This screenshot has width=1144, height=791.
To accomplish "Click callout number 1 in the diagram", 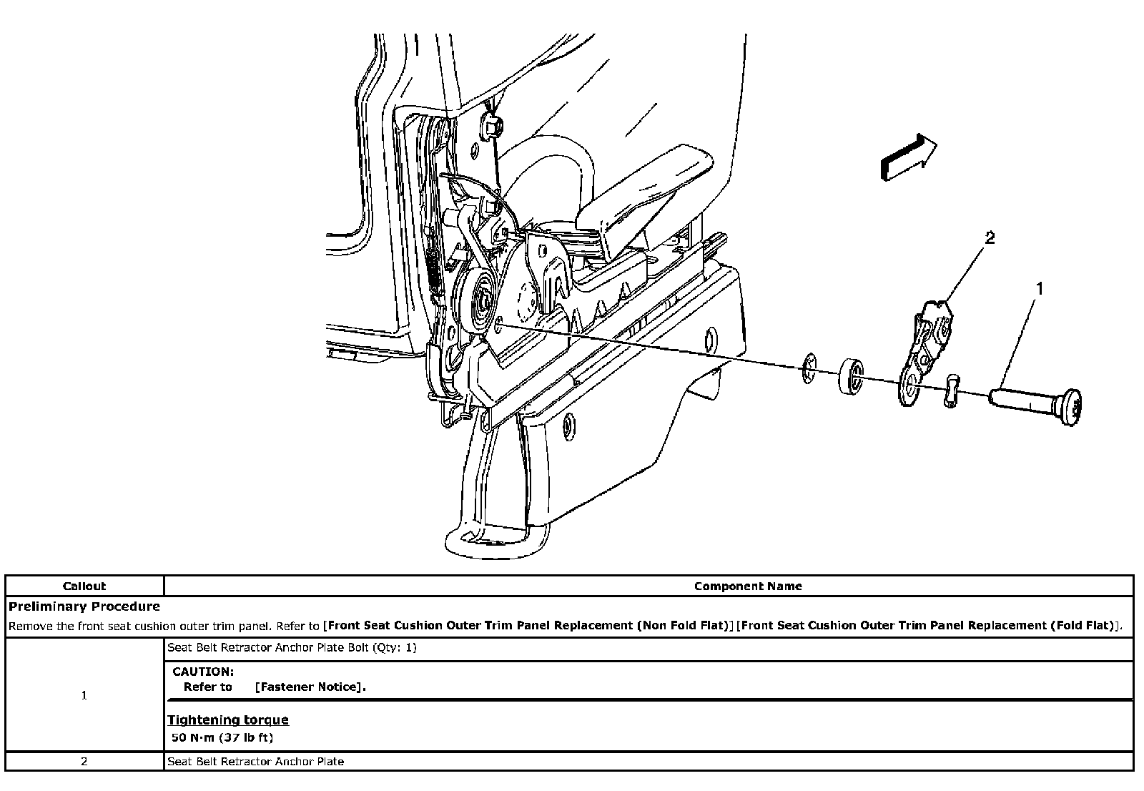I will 1040,288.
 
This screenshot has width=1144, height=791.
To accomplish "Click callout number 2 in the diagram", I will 990,238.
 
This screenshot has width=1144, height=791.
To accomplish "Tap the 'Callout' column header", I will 84,586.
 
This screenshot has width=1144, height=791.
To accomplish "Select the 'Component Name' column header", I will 748,586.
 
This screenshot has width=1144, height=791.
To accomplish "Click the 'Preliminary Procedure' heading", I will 84,606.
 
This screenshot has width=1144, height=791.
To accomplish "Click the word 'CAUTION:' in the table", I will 203,672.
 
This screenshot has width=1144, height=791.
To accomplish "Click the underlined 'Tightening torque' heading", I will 228,719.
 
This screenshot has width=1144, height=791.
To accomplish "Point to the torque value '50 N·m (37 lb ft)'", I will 222,737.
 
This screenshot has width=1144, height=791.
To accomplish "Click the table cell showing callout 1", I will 84,695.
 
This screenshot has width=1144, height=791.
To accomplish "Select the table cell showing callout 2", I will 84,761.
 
